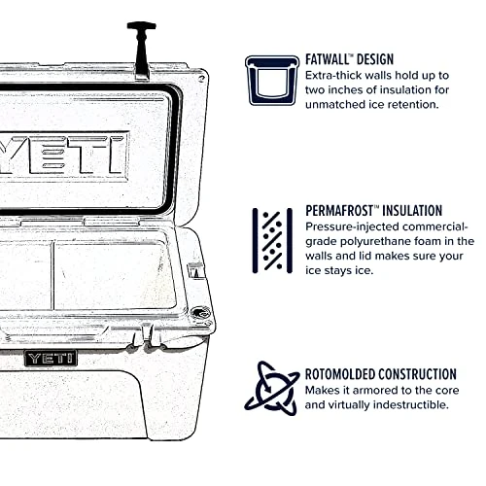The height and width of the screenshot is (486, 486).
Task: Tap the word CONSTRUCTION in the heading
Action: click(425, 374)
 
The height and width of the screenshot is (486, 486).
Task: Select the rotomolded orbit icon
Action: click(270, 388)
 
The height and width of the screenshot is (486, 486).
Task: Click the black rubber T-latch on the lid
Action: click(141, 48)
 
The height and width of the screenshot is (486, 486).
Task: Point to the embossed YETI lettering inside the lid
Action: click(63, 154)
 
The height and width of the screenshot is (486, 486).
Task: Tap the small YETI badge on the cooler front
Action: click(51, 358)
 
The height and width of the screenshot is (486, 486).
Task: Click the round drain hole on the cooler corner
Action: click(200, 313)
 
